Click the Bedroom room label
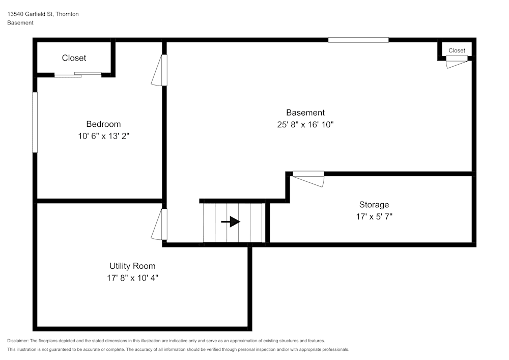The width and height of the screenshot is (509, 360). point(103,124)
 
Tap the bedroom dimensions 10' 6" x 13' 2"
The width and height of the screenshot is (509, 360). point(104,136)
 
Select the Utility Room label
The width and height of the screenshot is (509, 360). point(132,266)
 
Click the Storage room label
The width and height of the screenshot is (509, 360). point(374,205)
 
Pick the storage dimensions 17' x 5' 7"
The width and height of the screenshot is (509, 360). point(374,217)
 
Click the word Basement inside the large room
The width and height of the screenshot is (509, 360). point(305,113)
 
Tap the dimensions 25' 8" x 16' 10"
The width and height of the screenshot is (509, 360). point(305,125)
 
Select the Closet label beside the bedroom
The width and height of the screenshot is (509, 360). point(74,58)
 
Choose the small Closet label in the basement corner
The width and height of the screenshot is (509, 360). point(457,50)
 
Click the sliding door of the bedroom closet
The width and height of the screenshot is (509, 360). point(78,75)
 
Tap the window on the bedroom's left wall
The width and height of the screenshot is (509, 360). point(35,122)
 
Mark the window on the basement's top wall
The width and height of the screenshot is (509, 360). point(358,40)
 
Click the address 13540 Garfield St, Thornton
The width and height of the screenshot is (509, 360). point(43,14)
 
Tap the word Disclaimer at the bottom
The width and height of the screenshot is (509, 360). point(18,341)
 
